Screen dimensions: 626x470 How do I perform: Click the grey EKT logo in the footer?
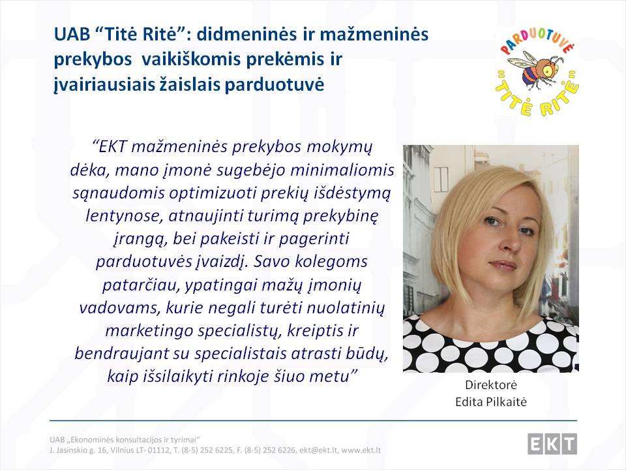pos(552,444)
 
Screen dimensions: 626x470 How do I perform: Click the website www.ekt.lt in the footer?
pos(361,450)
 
